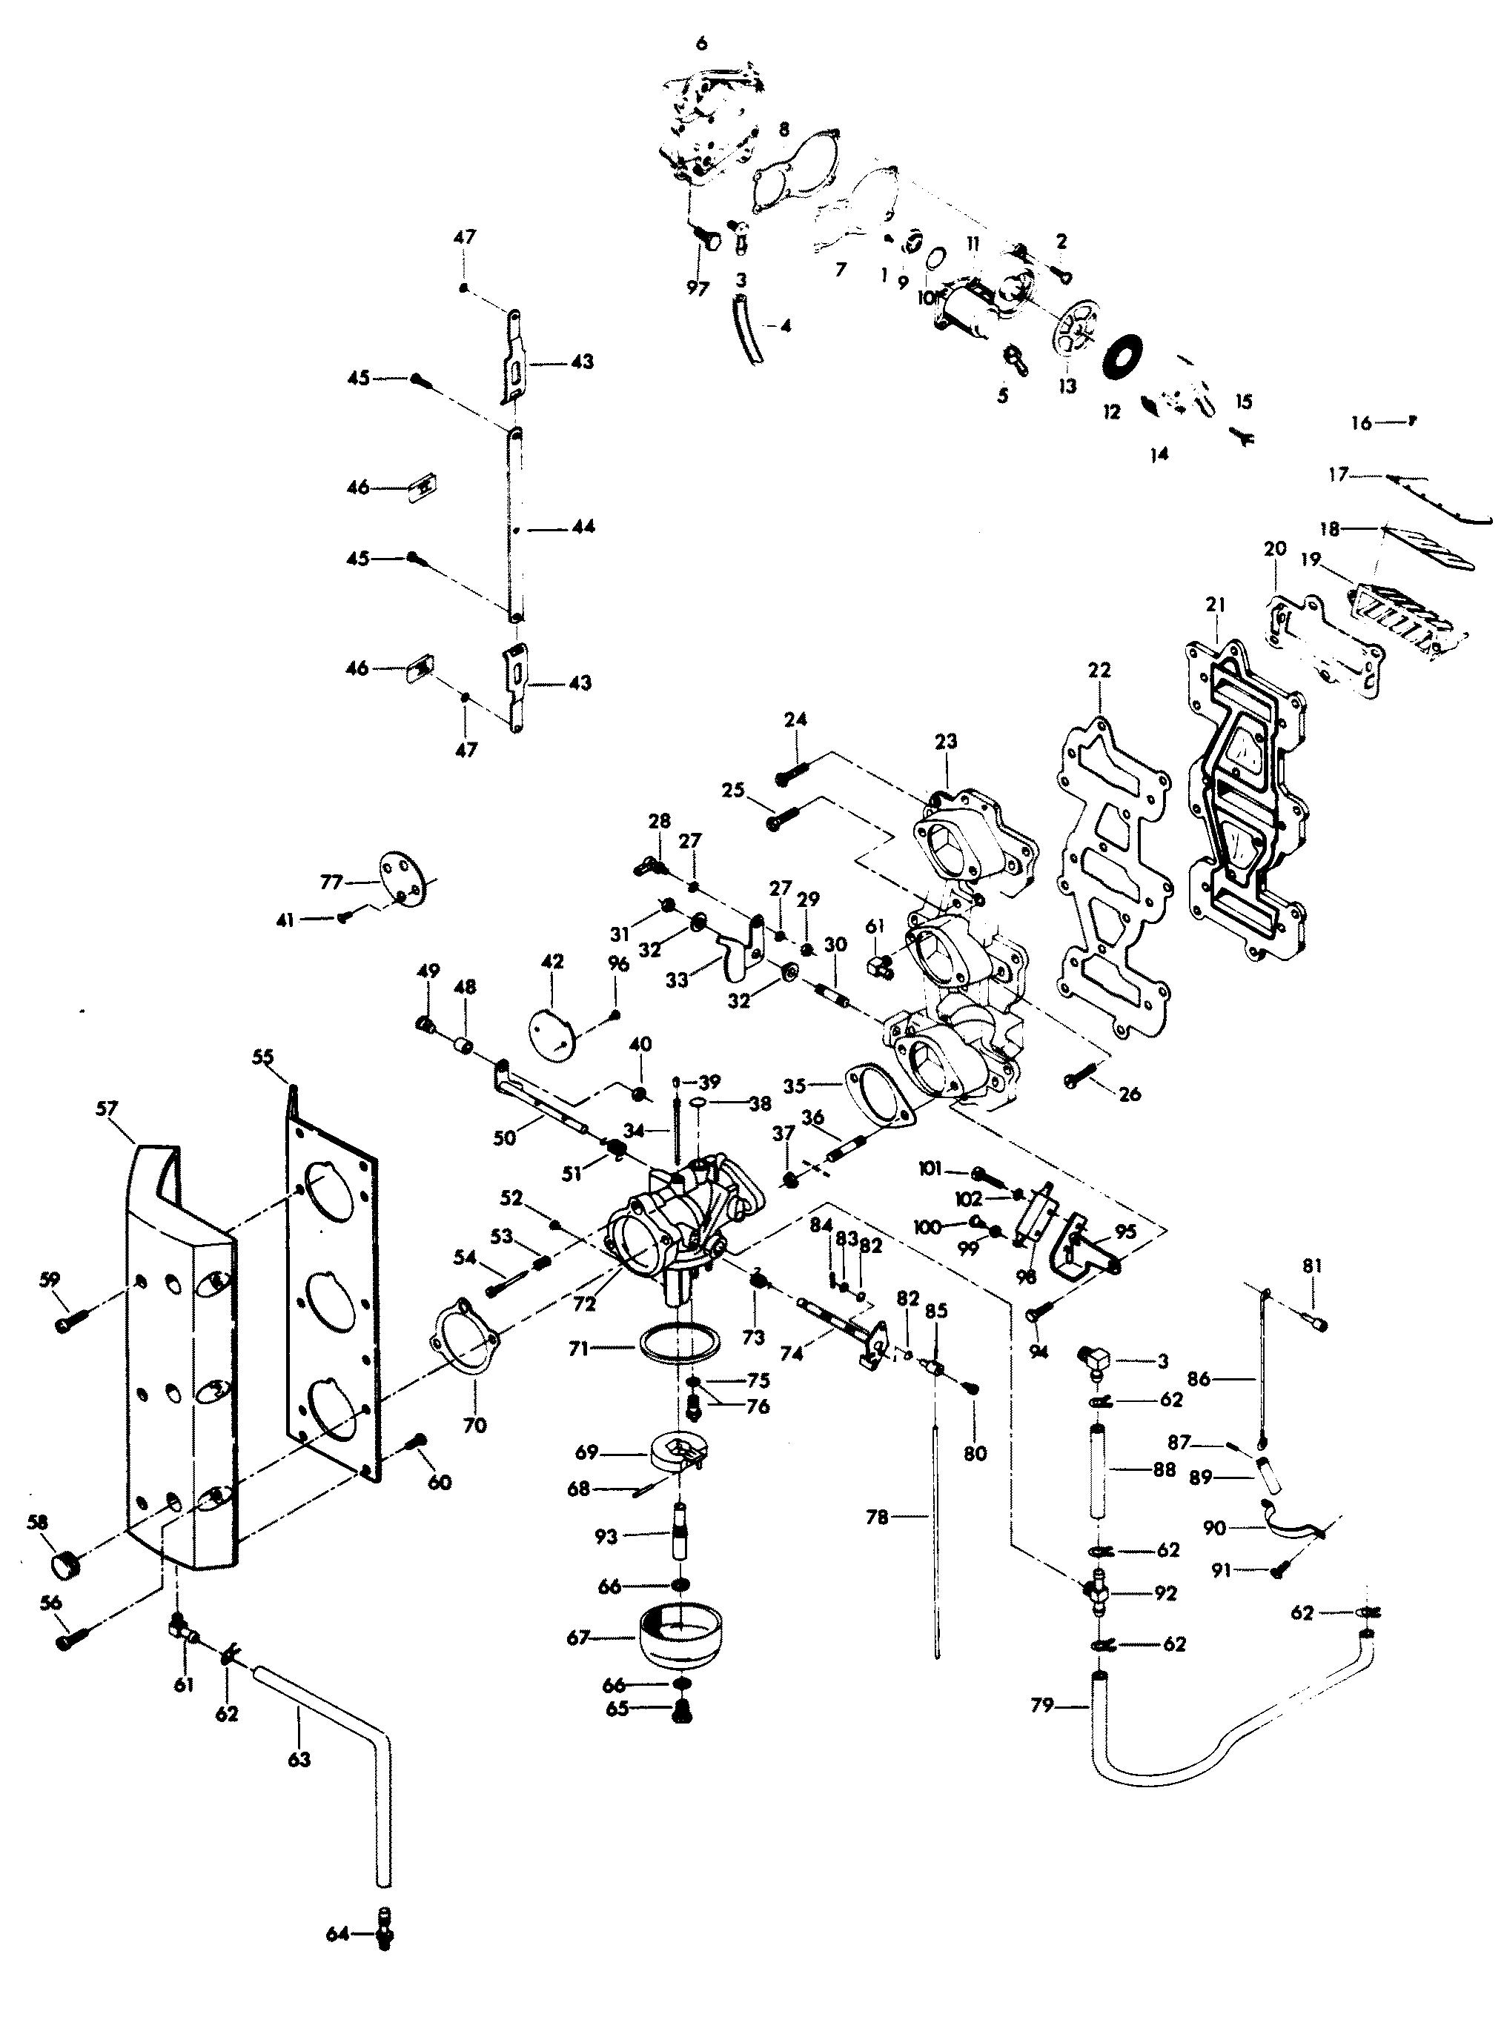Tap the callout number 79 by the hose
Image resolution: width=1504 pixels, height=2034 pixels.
click(1044, 1706)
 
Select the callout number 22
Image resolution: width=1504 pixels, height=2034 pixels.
click(1100, 670)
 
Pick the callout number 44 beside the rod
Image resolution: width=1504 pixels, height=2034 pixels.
click(583, 527)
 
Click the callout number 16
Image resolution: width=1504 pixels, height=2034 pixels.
click(1361, 423)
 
